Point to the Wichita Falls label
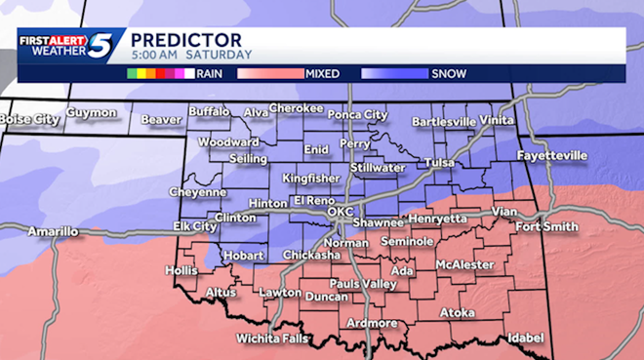[x=273, y=340]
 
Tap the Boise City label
[x=28, y=119]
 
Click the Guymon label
[x=92, y=113]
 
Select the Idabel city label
[x=524, y=338]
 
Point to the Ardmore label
[x=372, y=323]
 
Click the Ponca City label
[x=356, y=114]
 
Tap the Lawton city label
[x=280, y=293]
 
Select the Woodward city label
[x=227, y=141]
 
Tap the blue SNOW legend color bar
[x=394, y=73]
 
